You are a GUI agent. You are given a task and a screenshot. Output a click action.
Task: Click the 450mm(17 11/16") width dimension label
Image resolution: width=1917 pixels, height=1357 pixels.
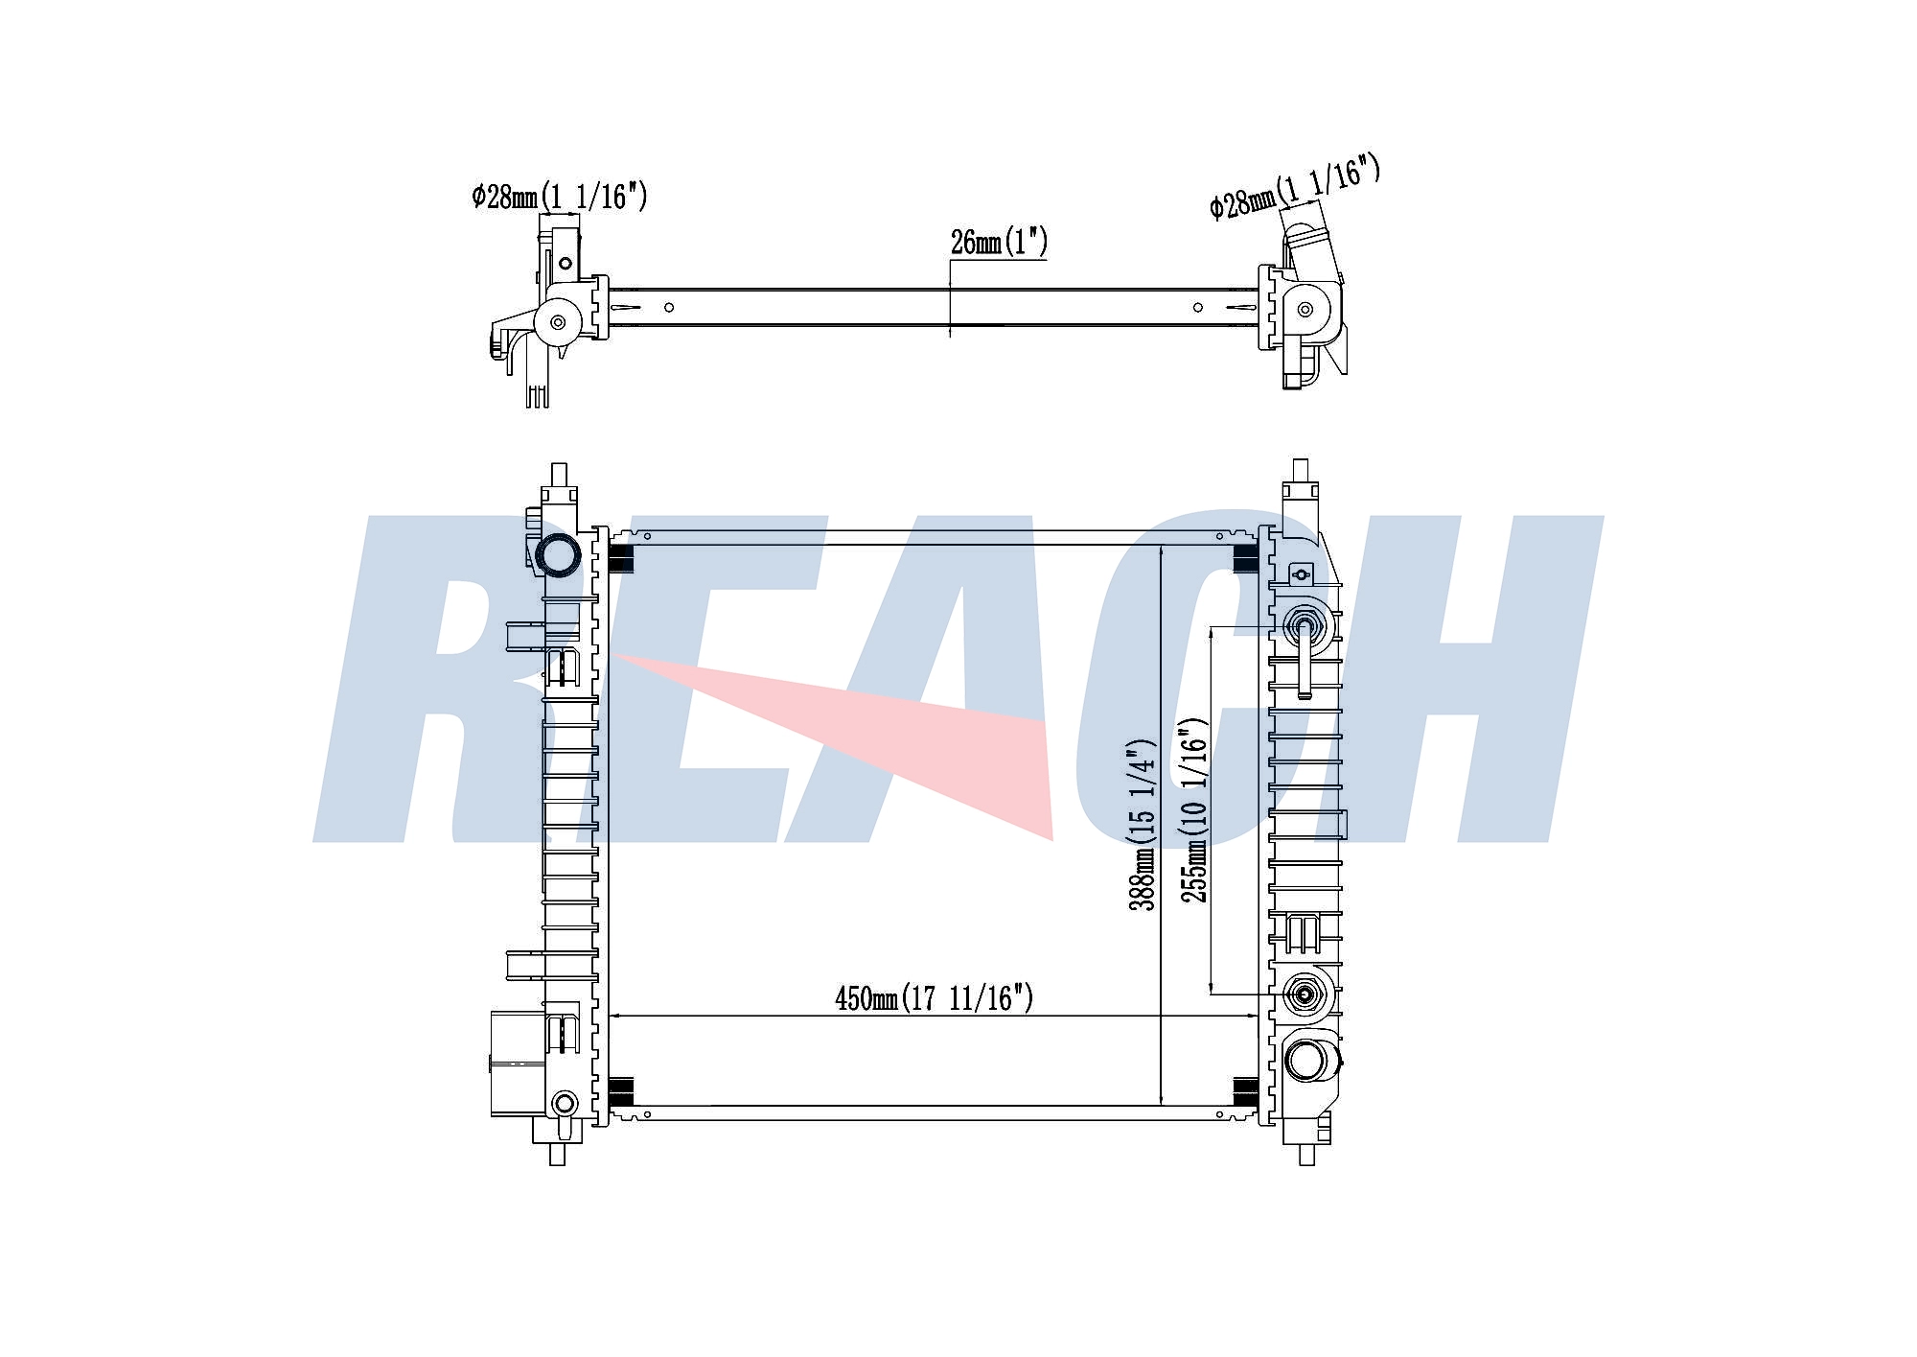(935, 999)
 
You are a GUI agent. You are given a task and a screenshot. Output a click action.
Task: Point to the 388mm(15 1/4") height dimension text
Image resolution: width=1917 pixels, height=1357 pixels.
(1143, 824)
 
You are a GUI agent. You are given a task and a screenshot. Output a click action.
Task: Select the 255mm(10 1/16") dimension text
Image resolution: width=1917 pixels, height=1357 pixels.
(1193, 810)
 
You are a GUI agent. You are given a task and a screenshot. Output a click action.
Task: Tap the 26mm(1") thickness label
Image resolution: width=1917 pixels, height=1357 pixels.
(999, 242)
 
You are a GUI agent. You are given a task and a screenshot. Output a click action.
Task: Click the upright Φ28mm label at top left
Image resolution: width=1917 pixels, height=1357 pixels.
(560, 197)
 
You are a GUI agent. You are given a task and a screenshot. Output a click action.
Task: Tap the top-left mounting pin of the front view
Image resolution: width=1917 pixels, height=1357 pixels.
(558, 475)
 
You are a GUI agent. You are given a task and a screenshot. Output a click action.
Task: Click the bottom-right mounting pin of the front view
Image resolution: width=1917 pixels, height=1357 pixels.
(1305, 1154)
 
